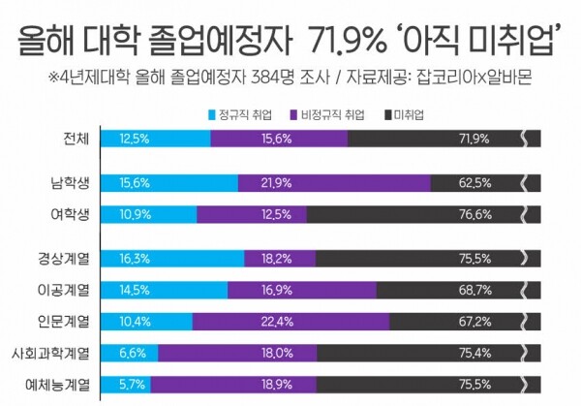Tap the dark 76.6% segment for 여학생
click(368, 213)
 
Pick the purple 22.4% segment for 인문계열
click(290, 320)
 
